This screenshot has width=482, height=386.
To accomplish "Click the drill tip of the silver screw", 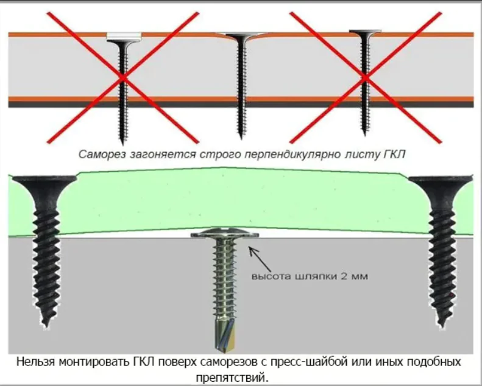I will pyautogui.click(x=222, y=341).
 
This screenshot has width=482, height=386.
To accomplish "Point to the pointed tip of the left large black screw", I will pyautogui.click(x=47, y=323).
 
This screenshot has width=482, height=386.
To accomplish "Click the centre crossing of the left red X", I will pyautogui.click(x=123, y=78).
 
